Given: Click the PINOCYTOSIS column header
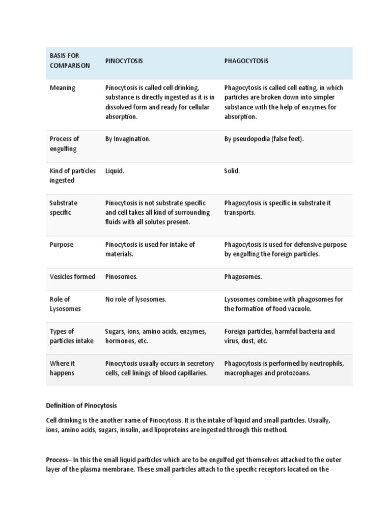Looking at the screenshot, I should pyautogui.click(x=124, y=61).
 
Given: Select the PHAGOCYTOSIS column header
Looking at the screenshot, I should pyautogui.click(x=246, y=61).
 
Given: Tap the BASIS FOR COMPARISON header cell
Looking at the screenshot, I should pyautogui.click(x=70, y=61).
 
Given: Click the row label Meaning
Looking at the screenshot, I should pyautogui.click(x=62, y=88).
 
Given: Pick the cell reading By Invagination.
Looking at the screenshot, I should pyautogui.click(x=128, y=139).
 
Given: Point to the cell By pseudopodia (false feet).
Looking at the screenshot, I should pyautogui.click(x=264, y=139).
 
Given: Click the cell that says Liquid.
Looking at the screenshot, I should pyautogui.click(x=115, y=171).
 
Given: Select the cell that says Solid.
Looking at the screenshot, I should pyautogui.click(x=232, y=171).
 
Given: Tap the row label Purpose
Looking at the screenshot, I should pyautogui.click(x=62, y=245).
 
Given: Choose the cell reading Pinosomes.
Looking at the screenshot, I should pyautogui.click(x=122, y=277).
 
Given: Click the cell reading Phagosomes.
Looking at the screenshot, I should pyautogui.click(x=243, y=277).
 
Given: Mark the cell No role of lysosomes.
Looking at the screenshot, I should pyautogui.click(x=136, y=299).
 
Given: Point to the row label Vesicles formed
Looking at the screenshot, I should pyautogui.click(x=72, y=277).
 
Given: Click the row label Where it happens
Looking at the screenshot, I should pyautogui.click(x=62, y=368).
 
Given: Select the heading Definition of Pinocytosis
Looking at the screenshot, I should pyautogui.click(x=81, y=406).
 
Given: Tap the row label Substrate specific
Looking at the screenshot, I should pyautogui.click(x=64, y=208).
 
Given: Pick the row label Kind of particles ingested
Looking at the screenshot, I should pyautogui.click(x=72, y=176).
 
